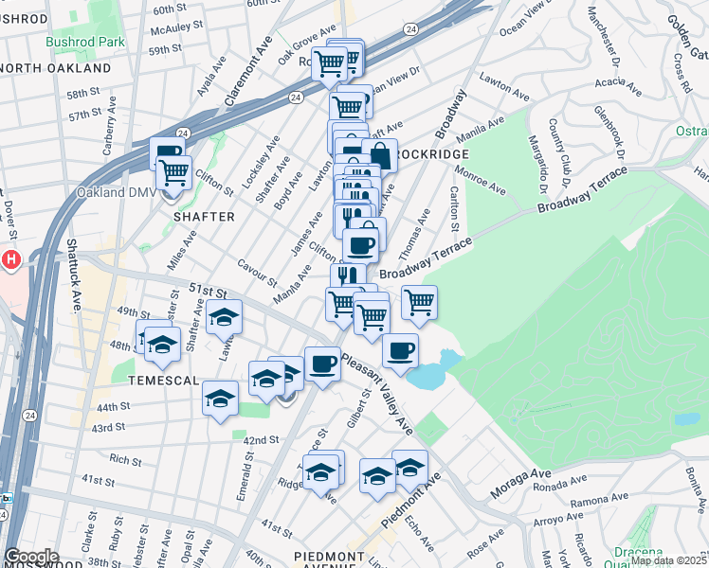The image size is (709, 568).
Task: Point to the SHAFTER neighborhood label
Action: (x=204, y=217)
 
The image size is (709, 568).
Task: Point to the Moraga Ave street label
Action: (x=520, y=484)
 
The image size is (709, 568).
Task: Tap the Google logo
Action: (x=30, y=557)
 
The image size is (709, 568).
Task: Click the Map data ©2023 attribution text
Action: (x=667, y=560)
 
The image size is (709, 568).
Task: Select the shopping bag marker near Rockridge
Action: (x=378, y=154)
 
